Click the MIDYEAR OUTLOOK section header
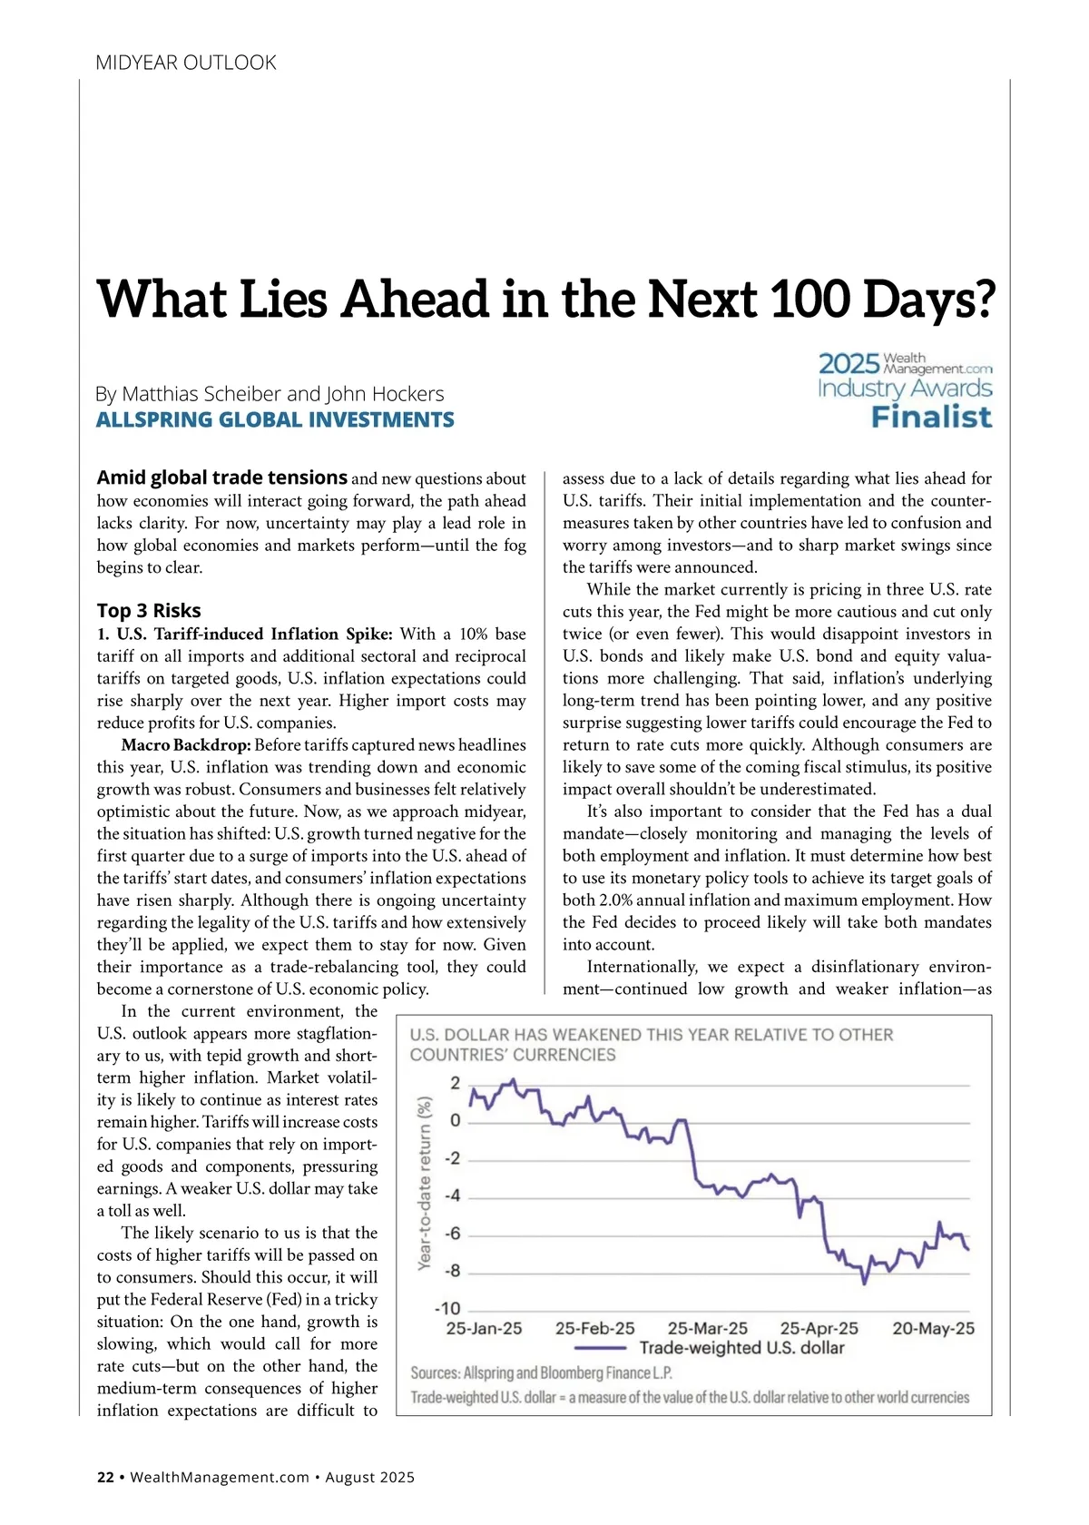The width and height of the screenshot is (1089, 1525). click(x=186, y=63)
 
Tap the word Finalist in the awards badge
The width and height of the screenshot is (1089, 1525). click(x=931, y=418)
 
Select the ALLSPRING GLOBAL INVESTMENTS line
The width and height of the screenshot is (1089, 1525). click(x=275, y=419)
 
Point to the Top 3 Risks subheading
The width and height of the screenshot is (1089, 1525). click(x=149, y=610)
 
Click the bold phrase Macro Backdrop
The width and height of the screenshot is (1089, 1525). click(x=186, y=745)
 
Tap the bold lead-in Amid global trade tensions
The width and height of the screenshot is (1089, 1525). click(x=222, y=477)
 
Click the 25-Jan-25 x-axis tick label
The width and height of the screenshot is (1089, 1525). click(x=484, y=1328)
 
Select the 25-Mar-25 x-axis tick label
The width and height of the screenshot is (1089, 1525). click(x=708, y=1328)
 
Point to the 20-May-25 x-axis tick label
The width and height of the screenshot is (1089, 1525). click(x=933, y=1328)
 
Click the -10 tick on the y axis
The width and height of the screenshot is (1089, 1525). click(x=447, y=1308)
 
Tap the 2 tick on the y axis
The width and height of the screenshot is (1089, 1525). click(x=456, y=1083)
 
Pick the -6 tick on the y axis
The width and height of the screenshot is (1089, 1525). click(x=452, y=1234)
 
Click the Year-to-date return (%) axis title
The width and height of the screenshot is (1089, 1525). click(x=424, y=1183)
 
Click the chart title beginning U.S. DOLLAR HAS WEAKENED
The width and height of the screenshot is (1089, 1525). click(x=651, y=1044)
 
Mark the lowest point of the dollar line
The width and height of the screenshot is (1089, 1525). click(x=864, y=1283)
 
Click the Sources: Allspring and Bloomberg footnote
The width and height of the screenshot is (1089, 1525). click(x=542, y=1372)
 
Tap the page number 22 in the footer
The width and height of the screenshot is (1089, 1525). click(x=105, y=1477)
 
